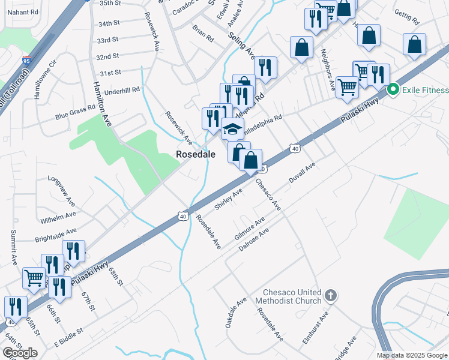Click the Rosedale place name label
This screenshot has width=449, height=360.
195,154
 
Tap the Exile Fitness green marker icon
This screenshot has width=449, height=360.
394,91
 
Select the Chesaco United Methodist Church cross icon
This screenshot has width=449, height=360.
330,295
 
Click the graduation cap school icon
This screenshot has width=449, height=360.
232,128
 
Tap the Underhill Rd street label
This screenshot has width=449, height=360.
122,90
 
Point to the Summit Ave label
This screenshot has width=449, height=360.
14,248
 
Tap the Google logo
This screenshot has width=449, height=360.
20,353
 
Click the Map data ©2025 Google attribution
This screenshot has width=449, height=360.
412,355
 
